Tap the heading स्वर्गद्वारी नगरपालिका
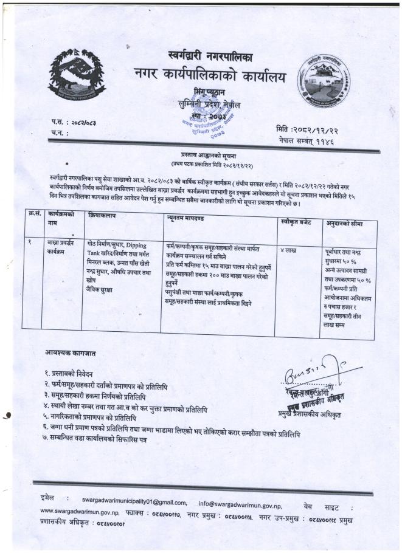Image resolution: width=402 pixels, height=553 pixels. (211, 57)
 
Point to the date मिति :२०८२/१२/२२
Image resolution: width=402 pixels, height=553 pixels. (307, 129)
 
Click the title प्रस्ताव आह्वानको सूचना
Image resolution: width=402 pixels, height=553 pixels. (200, 157)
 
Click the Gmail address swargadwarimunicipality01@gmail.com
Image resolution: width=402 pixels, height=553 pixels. (134, 503)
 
